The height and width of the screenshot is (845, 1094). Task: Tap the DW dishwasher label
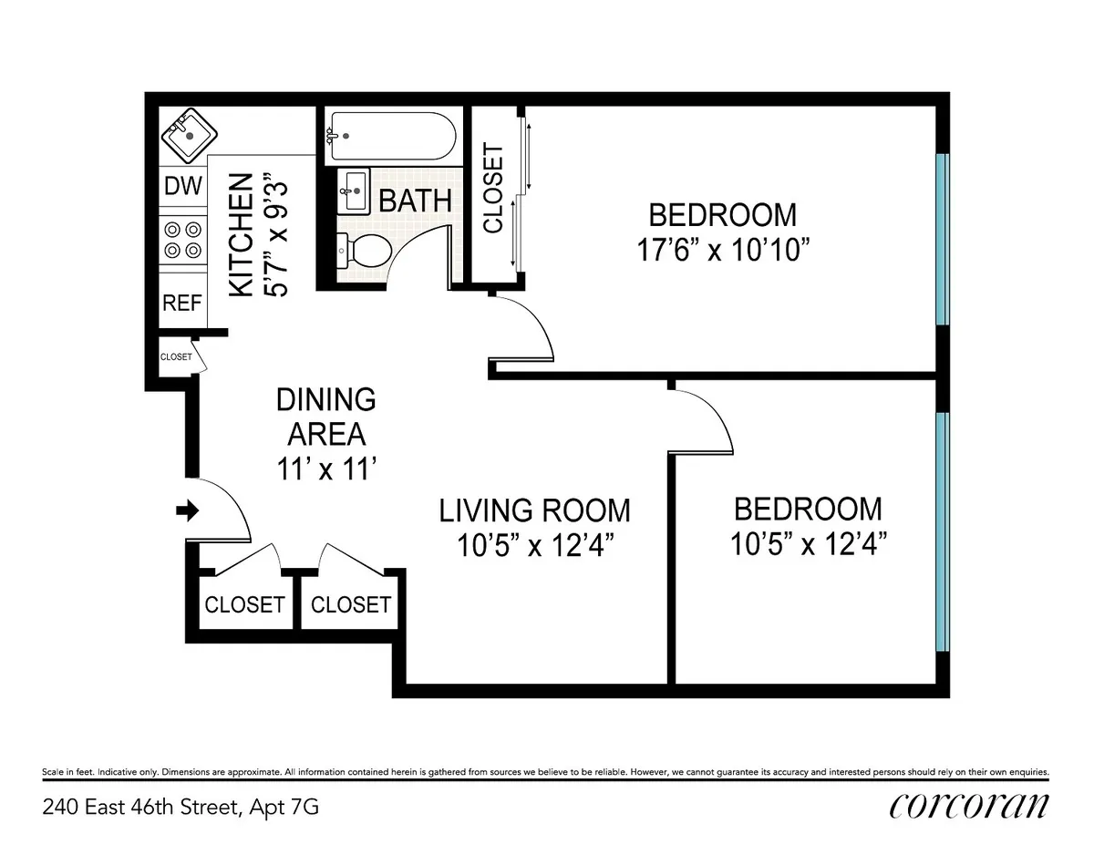[182, 186]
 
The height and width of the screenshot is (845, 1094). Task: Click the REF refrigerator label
[181, 304]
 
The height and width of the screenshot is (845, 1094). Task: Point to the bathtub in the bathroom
[389, 135]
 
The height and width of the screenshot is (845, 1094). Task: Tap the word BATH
[415, 201]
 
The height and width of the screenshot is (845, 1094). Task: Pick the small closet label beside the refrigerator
[176, 357]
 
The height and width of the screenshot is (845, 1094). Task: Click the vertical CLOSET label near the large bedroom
[492, 189]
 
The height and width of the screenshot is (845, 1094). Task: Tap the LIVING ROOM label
[534, 510]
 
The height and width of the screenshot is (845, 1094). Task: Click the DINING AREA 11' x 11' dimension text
[326, 469]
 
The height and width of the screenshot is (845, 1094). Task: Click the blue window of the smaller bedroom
[943, 531]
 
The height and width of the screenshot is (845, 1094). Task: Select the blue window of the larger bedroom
[943, 239]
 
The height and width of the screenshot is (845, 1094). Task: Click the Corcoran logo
[968, 805]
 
